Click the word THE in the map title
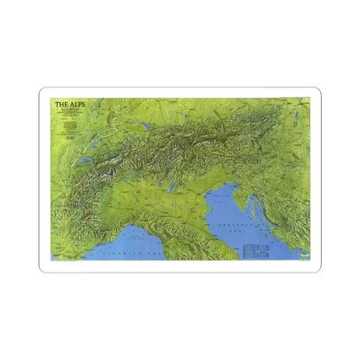point(61,106)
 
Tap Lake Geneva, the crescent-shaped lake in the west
point(84,161)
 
